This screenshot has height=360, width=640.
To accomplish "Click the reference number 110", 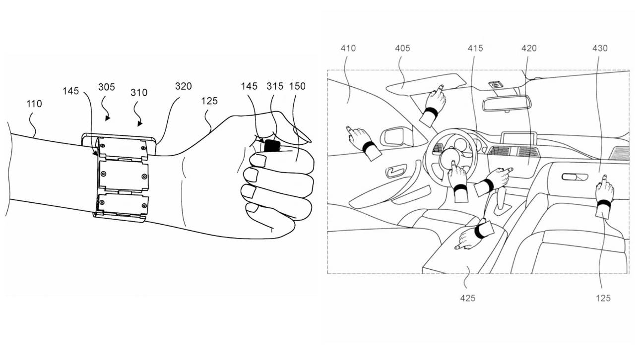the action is coord(34,104).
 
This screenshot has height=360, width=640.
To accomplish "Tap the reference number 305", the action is coord(107,87).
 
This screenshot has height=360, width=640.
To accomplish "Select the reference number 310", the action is coord(139,93).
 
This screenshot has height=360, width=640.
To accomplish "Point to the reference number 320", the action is coord(183,86).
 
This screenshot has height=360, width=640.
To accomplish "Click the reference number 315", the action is coord(275,86).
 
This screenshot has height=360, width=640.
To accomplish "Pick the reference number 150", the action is coord(298,86).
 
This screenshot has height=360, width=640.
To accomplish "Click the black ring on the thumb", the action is coord(272,146).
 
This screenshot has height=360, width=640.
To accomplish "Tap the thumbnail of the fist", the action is coord(302,135).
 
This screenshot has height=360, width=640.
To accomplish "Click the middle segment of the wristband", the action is coord(124,176).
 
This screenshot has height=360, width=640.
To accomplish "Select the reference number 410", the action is coord(348,48).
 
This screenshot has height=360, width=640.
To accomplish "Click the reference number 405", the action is coord(402,48).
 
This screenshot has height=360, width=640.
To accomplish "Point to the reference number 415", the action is coord(475,48).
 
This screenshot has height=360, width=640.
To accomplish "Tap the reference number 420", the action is coord(529,48).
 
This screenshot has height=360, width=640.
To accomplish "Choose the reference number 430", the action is coord(600,48).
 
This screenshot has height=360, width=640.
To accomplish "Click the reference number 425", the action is coord(468,299).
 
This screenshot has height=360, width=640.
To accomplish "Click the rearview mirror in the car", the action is coord(506,103).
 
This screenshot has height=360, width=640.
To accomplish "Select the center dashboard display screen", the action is coord(519,138).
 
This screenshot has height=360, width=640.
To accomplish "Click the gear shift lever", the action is coord(502,200).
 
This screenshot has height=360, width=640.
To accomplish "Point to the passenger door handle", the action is coord(575,177).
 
